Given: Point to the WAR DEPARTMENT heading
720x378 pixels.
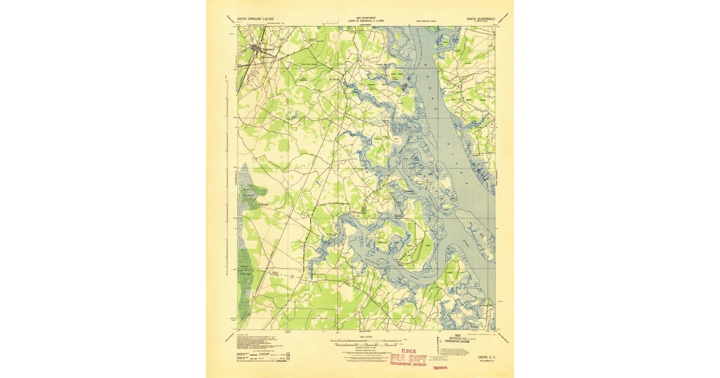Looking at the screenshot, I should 361,18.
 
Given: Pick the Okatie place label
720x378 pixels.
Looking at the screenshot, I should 265,205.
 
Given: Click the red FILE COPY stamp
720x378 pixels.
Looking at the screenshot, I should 408,358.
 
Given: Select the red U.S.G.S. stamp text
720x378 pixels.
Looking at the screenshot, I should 408,350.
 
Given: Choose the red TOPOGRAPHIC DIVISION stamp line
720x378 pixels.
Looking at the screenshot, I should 408,365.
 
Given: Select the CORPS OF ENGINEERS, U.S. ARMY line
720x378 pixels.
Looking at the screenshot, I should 361,22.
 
